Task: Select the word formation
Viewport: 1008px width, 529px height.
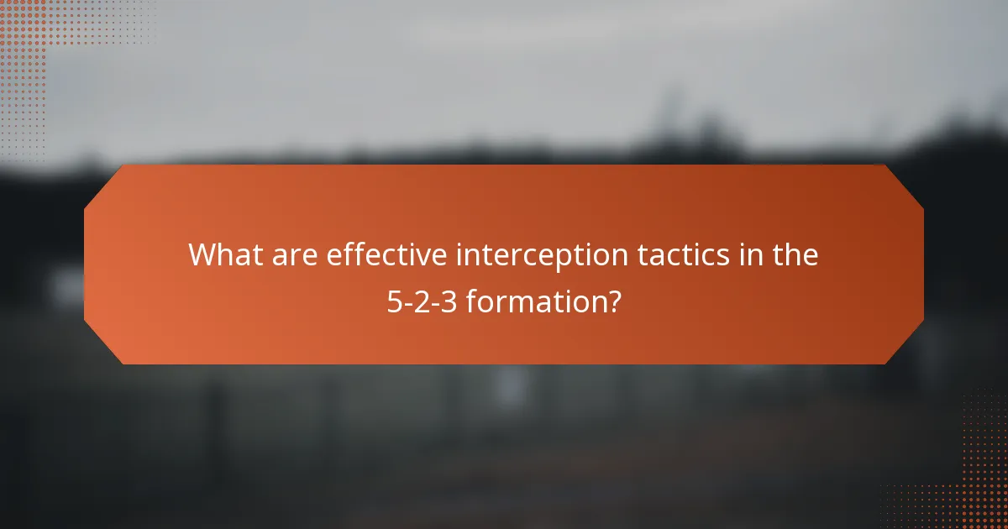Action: tap(534, 301)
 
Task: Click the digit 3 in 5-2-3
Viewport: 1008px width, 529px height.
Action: tap(449, 301)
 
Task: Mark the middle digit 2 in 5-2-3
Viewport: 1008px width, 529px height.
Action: tap(423, 301)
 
